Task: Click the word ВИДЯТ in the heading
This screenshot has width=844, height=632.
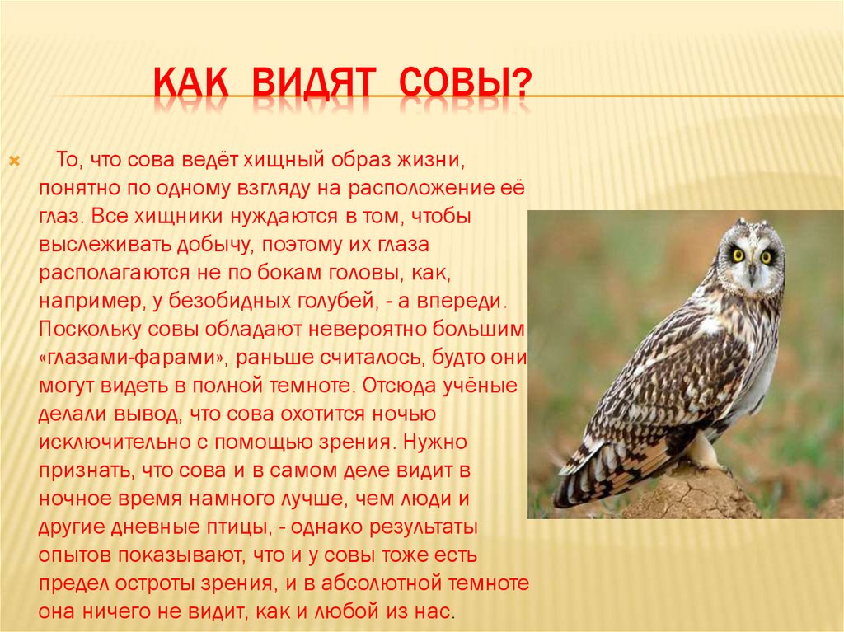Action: point(312,84)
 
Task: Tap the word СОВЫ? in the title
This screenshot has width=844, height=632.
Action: point(465,84)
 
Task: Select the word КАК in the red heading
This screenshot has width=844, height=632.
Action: point(191,84)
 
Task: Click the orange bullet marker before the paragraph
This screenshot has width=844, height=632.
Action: point(15,161)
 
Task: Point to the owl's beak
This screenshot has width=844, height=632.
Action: point(752,275)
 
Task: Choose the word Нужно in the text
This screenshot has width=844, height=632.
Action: point(435,442)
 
